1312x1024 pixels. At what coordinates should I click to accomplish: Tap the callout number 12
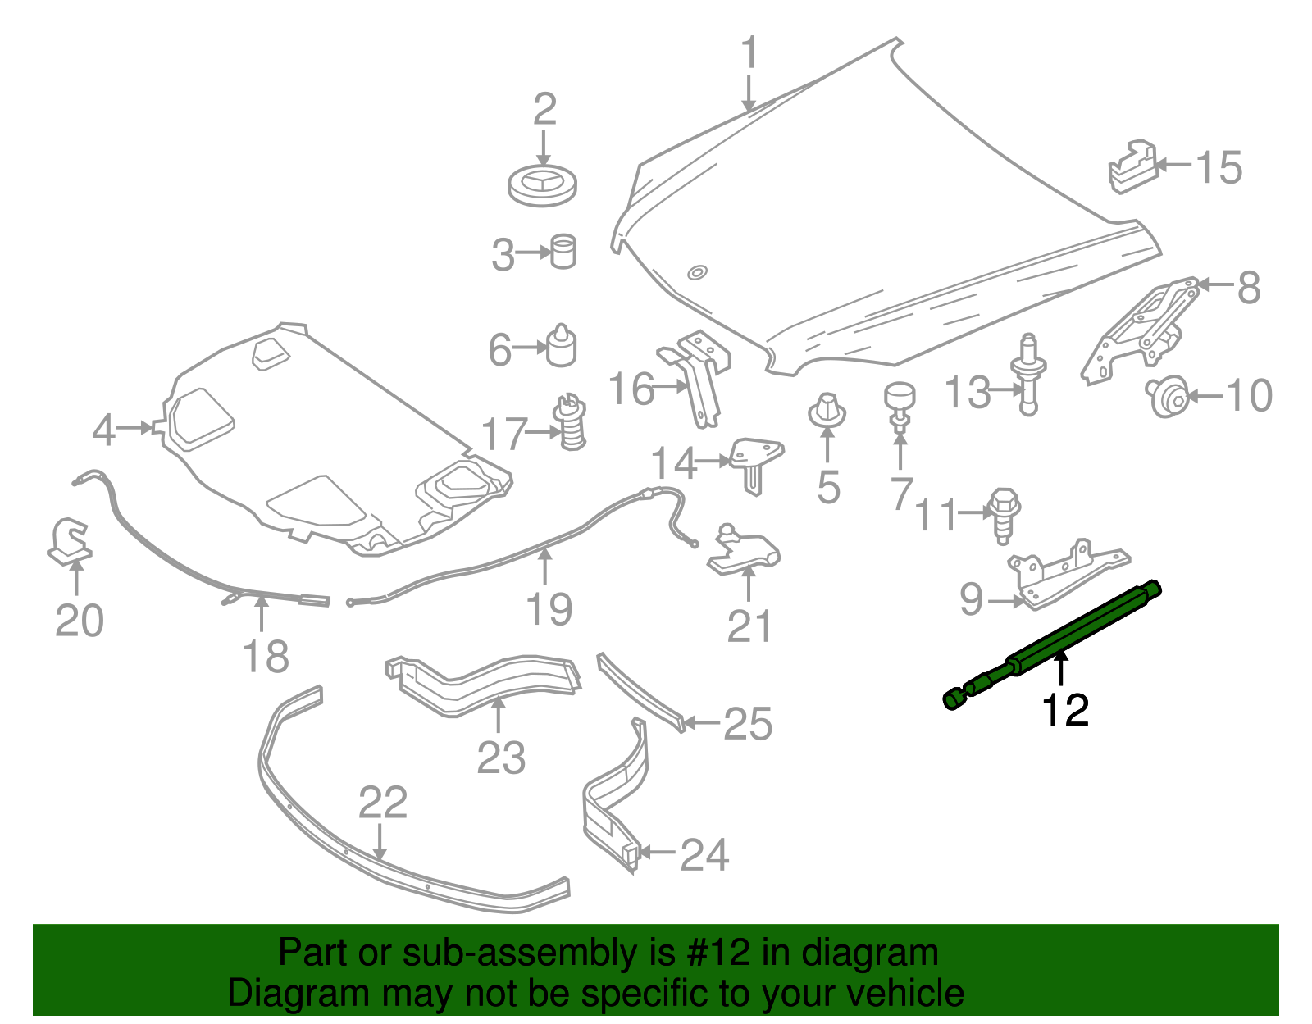pyautogui.click(x=1064, y=711)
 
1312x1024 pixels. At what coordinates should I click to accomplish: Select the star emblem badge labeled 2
pyautogui.click(x=542, y=184)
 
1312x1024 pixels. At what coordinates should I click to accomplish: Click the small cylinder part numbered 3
pyautogui.click(x=563, y=252)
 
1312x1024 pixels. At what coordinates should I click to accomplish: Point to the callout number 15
pyautogui.click(x=1219, y=168)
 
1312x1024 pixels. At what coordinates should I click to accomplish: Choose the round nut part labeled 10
pyautogui.click(x=1167, y=396)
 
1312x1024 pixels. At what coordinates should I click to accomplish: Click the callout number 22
pyautogui.click(x=382, y=803)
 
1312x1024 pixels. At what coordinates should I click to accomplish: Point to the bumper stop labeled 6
pyautogui.click(x=562, y=346)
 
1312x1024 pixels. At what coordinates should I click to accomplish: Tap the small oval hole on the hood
pyautogui.click(x=697, y=272)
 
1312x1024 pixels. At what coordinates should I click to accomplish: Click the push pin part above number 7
pyautogui.click(x=899, y=402)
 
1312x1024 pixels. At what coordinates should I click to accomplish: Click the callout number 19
pyautogui.click(x=549, y=610)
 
